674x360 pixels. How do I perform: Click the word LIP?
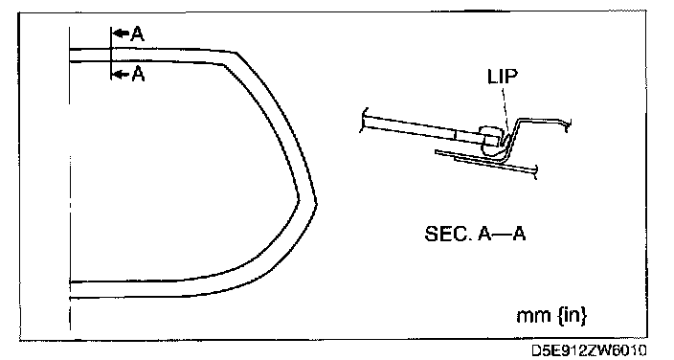tap(503, 77)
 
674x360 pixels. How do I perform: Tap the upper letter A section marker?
tap(138, 34)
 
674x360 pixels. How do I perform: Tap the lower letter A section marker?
tap(138, 74)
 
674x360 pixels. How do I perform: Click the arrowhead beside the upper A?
tap(121, 34)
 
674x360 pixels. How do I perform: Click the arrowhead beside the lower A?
tap(121, 75)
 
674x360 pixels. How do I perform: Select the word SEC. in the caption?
tap(446, 234)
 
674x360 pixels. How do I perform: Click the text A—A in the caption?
tap(502, 234)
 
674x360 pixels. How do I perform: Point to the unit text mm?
tap(533, 316)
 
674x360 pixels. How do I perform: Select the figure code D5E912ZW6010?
tap(589, 350)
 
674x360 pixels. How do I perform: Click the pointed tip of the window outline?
tap(316, 202)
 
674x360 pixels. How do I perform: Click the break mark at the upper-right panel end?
tap(568, 124)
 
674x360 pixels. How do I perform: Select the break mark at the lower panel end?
tap(534, 171)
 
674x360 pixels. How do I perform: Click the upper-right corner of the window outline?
tap(236, 53)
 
